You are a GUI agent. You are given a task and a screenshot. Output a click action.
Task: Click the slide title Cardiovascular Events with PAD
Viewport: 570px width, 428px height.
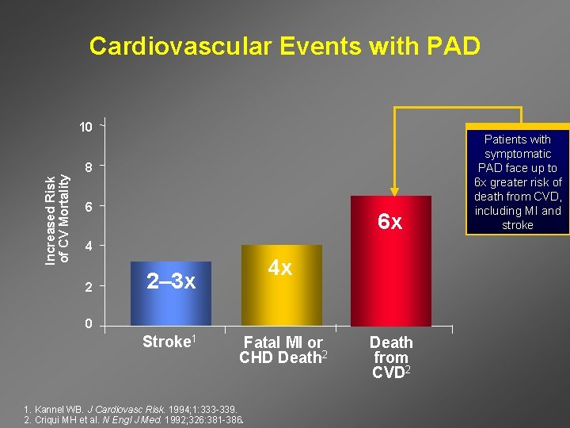284,46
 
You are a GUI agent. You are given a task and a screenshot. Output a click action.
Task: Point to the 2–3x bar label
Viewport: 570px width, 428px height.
171,281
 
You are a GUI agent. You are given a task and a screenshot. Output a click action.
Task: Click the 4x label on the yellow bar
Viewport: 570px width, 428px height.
279,268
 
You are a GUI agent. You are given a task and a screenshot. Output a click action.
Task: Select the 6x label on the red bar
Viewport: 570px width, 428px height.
389,223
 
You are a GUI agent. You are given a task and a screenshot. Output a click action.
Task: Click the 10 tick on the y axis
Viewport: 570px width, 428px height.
85,127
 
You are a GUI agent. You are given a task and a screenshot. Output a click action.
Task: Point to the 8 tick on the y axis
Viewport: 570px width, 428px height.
89,167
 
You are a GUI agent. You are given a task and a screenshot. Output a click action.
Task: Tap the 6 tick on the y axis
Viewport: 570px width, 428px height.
89,207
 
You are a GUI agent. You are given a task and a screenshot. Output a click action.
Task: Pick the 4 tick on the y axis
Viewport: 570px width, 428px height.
89,246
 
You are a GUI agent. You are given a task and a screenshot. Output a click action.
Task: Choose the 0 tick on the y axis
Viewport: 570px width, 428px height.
89,324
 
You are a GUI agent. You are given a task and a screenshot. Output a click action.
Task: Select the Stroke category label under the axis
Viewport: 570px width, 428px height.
168,342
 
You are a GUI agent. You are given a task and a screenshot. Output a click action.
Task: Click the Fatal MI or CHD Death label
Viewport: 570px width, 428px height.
283,350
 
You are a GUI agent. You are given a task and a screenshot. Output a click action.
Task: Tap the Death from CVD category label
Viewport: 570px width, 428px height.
391,356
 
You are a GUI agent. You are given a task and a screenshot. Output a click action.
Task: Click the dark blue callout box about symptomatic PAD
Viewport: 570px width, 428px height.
518,182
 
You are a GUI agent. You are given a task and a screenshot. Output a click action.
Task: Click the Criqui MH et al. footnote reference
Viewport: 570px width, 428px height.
127,418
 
